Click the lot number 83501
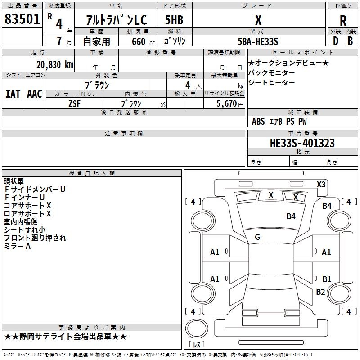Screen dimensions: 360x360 [22, 18]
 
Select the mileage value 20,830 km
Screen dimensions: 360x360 [55, 65]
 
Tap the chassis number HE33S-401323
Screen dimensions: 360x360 [302, 143]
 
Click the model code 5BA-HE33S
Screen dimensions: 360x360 [258, 41]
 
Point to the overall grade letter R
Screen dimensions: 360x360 [343, 21]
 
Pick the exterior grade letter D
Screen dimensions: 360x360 [335, 41]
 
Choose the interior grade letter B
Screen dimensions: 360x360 [350, 41]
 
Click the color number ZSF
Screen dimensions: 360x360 [74, 104]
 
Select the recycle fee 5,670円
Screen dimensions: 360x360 [229, 104]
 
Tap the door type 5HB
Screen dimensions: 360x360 [174, 20]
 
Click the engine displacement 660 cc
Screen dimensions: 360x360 [143, 41]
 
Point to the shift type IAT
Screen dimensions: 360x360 [13, 94]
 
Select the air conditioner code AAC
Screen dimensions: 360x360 [35, 94]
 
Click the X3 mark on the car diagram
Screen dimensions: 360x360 [321, 184]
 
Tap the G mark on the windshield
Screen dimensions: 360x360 [257, 237]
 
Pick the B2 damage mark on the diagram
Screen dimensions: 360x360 [320, 292]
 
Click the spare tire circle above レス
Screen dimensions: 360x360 [197, 328]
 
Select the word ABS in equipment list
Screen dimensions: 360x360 [258, 121]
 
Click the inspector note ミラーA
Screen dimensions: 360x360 [17, 246]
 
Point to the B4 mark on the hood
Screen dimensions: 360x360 [291, 216]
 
